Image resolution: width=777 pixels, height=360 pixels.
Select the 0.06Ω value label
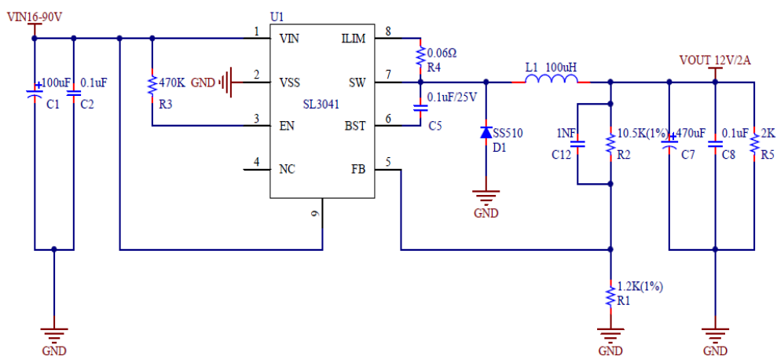(442, 53)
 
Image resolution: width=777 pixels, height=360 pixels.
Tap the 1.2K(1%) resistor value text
(640, 287)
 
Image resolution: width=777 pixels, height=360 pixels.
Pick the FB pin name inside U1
(357, 169)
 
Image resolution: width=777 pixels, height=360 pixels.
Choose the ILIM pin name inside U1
(353, 39)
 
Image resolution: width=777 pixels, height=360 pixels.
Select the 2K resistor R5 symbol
(754, 143)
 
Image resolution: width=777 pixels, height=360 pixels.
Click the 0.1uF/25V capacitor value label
(453, 97)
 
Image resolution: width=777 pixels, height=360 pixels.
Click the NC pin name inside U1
(288, 169)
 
